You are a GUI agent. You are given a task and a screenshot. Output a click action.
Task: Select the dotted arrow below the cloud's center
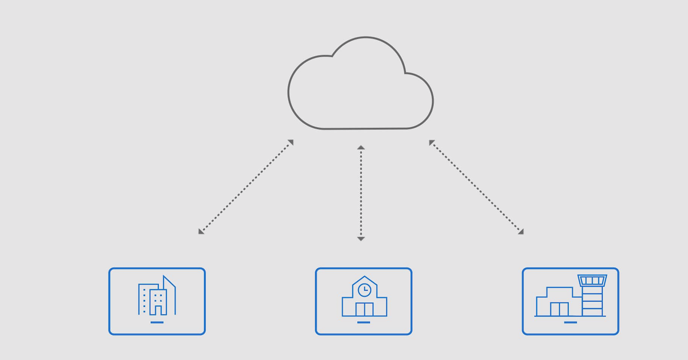[x=361, y=193]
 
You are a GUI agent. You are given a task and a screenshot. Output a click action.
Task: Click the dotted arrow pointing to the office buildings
[x=245, y=187]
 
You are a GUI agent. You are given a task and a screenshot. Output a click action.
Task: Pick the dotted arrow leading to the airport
[x=476, y=187]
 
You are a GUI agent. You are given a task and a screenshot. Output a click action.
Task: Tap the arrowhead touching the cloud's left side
[x=291, y=142]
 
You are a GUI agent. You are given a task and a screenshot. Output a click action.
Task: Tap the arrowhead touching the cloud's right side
[x=432, y=142]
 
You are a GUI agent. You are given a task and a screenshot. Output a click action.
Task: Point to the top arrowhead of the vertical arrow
[x=361, y=148]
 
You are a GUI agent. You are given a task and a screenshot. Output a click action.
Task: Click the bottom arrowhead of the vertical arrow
[x=361, y=238]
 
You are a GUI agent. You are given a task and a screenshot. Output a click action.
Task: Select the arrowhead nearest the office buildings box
[x=201, y=231]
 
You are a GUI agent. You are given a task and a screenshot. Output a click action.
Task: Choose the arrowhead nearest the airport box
[x=521, y=231]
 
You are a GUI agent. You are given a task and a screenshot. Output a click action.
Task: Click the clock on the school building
[x=364, y=290]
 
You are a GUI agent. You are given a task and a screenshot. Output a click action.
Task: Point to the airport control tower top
[x=592, y=280]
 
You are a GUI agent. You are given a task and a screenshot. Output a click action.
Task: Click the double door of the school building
[x=364, y=309]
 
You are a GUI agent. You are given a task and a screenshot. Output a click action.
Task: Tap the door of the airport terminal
[x=559, y=309]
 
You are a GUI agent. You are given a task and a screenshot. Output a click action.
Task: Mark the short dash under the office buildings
[x=157, y=322]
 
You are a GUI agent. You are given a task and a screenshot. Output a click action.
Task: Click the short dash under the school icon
[x=363, y=322]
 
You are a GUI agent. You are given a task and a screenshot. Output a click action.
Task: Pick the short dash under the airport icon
[x=570, y=322]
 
